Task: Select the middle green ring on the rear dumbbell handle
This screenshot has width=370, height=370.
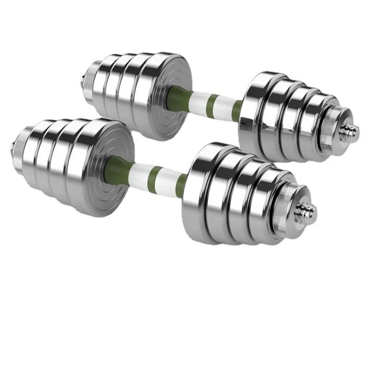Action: pyautogui.click(x=212, y=101)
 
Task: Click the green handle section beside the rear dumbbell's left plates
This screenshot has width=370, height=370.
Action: pyautogui.click(x=178, y=95)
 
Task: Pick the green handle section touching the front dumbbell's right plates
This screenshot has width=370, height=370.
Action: pyautogui.click(x=181, y=183)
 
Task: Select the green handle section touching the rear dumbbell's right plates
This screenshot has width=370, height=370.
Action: pyautogui.click(x=236, y=110)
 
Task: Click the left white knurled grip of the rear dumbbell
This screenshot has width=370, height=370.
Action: pyautogui.click(x=197, y=98)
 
